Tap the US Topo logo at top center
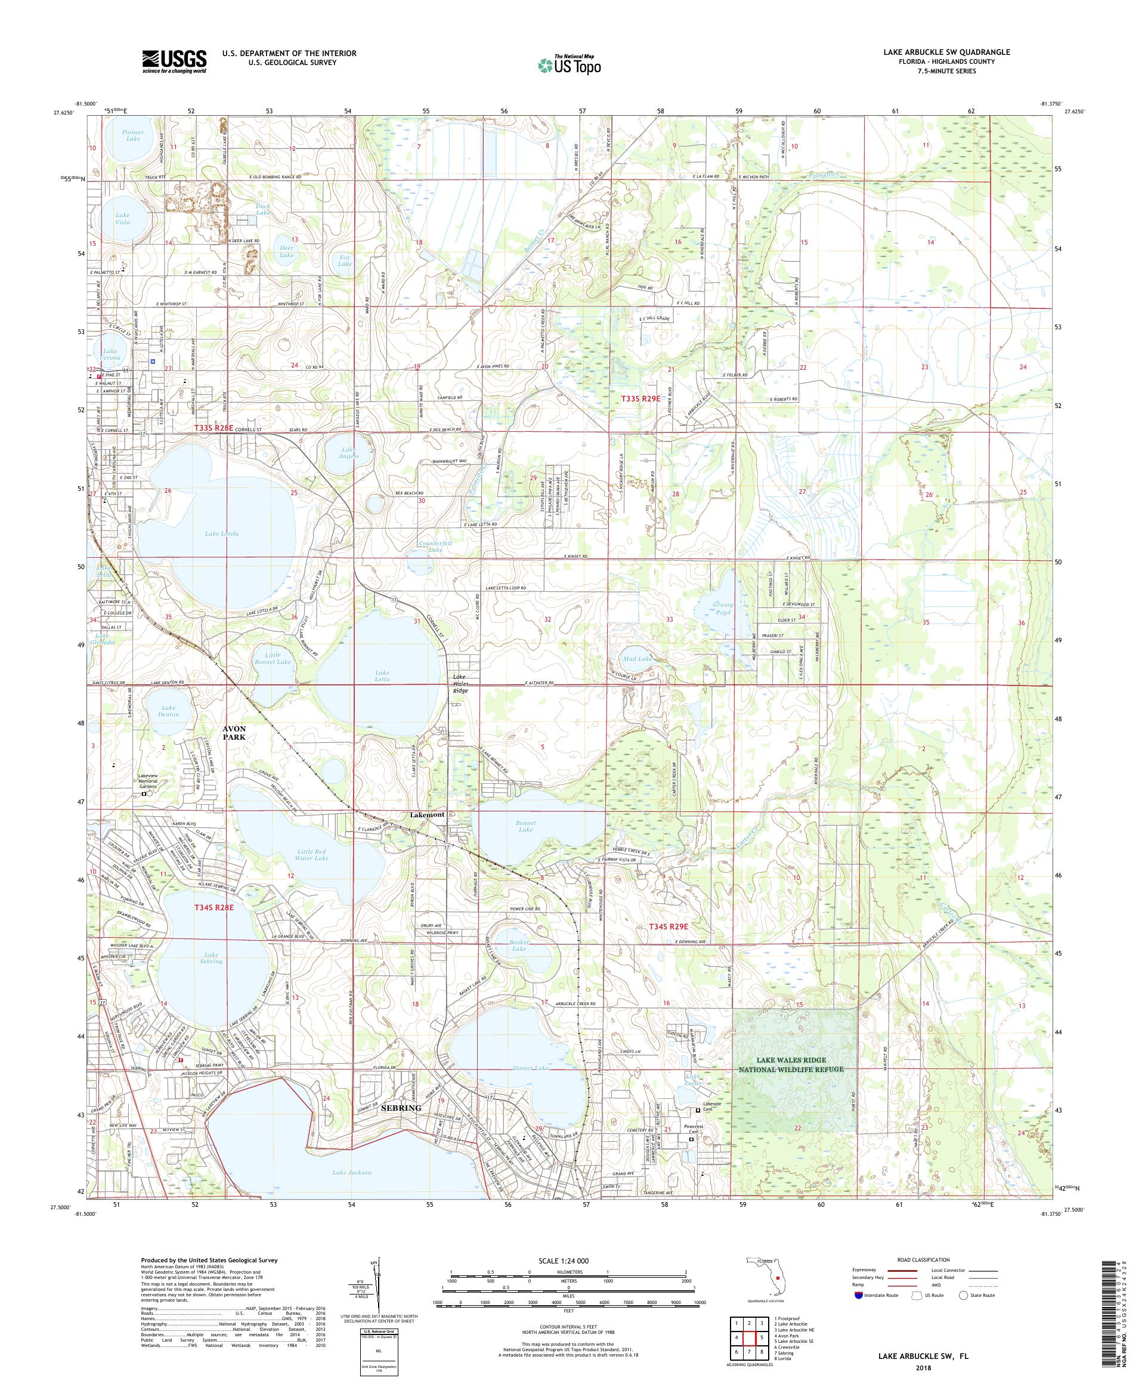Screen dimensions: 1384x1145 click(570, 64)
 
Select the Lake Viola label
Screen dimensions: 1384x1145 click(122, 218)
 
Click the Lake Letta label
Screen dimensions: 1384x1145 click(382, 675)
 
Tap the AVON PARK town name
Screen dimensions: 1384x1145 click(234, 733)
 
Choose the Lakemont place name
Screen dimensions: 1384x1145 click(427, 814)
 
